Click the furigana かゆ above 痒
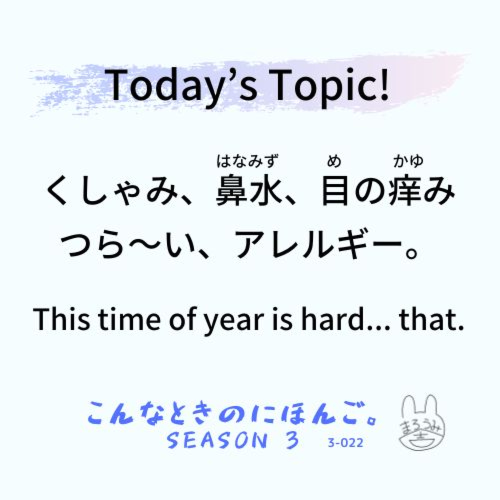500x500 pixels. [x=408, y=161]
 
